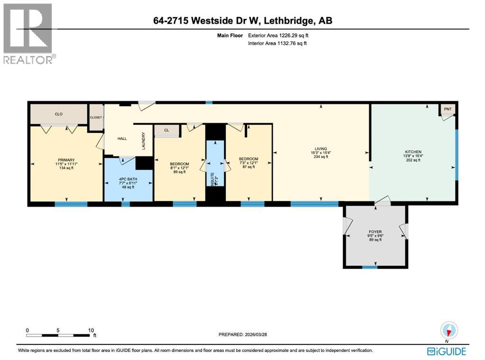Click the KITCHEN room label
click(x=413, y=152)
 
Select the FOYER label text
click(x=375, y=232)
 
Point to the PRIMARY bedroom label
click(x=66, y=160)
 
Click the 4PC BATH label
click(x=127, y=179)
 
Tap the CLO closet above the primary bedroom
click(x=59, y=114)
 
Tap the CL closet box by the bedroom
click(x=166, y=130)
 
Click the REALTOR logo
click(x=28, y=33)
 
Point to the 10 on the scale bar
click(x=91, y=330)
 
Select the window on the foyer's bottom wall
click(x=370, y=267)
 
